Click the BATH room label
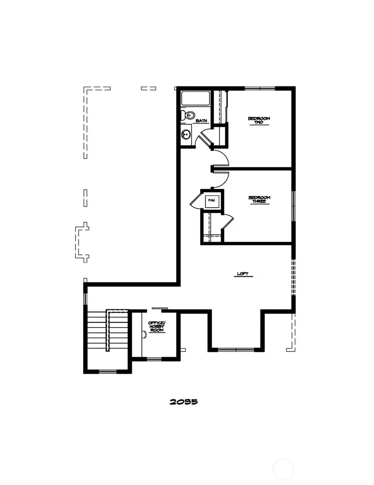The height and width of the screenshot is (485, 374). tap(202, 121)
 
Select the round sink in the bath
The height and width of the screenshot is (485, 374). tap(186, 134)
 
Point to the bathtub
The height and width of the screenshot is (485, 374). tap(195, 98)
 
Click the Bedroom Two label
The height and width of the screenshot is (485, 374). tap(259, 121)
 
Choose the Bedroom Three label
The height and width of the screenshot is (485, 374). tap(259, 199)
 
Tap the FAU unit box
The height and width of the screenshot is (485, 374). tap(212, 201)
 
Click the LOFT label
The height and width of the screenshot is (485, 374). tap(242, 274)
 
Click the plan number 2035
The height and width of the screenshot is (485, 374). tap(183, 402)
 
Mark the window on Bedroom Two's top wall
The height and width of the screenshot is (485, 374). tap(259, 88)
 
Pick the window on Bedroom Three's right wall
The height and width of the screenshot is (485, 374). tap(293, 206)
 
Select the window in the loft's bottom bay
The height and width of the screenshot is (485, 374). tap(235, 350)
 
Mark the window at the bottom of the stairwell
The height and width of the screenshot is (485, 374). tap(108, 371)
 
